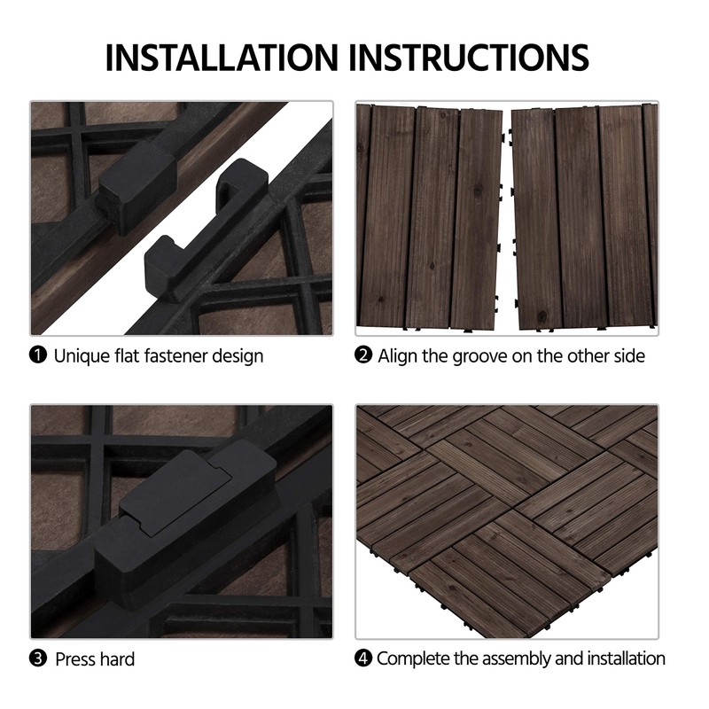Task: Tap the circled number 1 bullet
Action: (38, 356)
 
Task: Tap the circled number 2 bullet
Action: (363, 356)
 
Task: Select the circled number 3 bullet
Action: (38, 658)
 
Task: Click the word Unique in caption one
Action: (79, 356)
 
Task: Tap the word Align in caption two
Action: (398, 356)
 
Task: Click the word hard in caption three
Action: (117, 659)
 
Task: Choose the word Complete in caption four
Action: (413, 658)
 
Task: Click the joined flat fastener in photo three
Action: (177, 514)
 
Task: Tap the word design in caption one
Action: (242, 356)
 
